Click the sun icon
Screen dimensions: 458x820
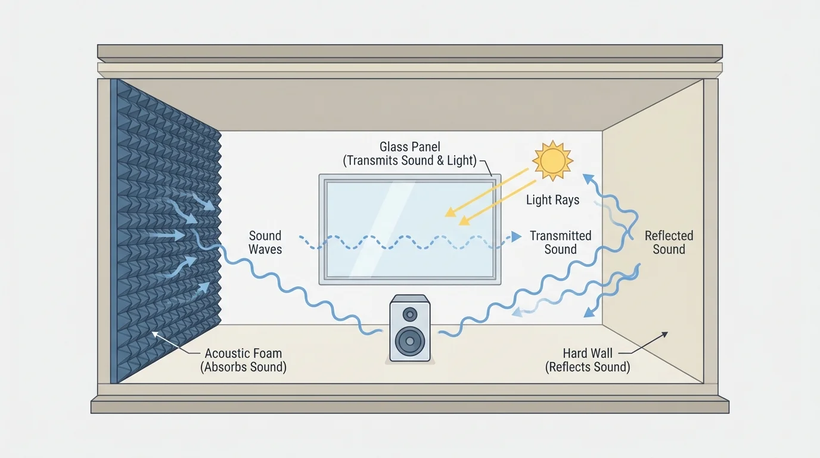tap(552, 160)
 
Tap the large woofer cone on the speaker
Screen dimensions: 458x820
tap(410, 341)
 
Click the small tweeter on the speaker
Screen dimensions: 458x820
tap(410, 314)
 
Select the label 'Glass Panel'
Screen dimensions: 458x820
tap(411, 147)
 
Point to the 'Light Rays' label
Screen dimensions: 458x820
tap(552, 200)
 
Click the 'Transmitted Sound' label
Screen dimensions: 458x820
tap(560, 243)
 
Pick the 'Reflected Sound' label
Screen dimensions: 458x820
tap(669, 243)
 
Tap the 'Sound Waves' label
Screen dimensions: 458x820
tap(265, 243)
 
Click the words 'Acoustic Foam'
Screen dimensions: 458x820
tap(243, 354)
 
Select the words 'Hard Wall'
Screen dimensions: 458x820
tap(588, 354)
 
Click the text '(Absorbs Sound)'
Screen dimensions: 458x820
tap(243, 367)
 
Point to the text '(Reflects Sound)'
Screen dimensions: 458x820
tap(588, 367)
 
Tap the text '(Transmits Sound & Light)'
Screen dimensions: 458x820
tap(411, 161)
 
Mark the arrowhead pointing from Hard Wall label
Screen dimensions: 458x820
tap(666, 335)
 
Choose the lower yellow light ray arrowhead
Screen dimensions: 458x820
tap(461, 223)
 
